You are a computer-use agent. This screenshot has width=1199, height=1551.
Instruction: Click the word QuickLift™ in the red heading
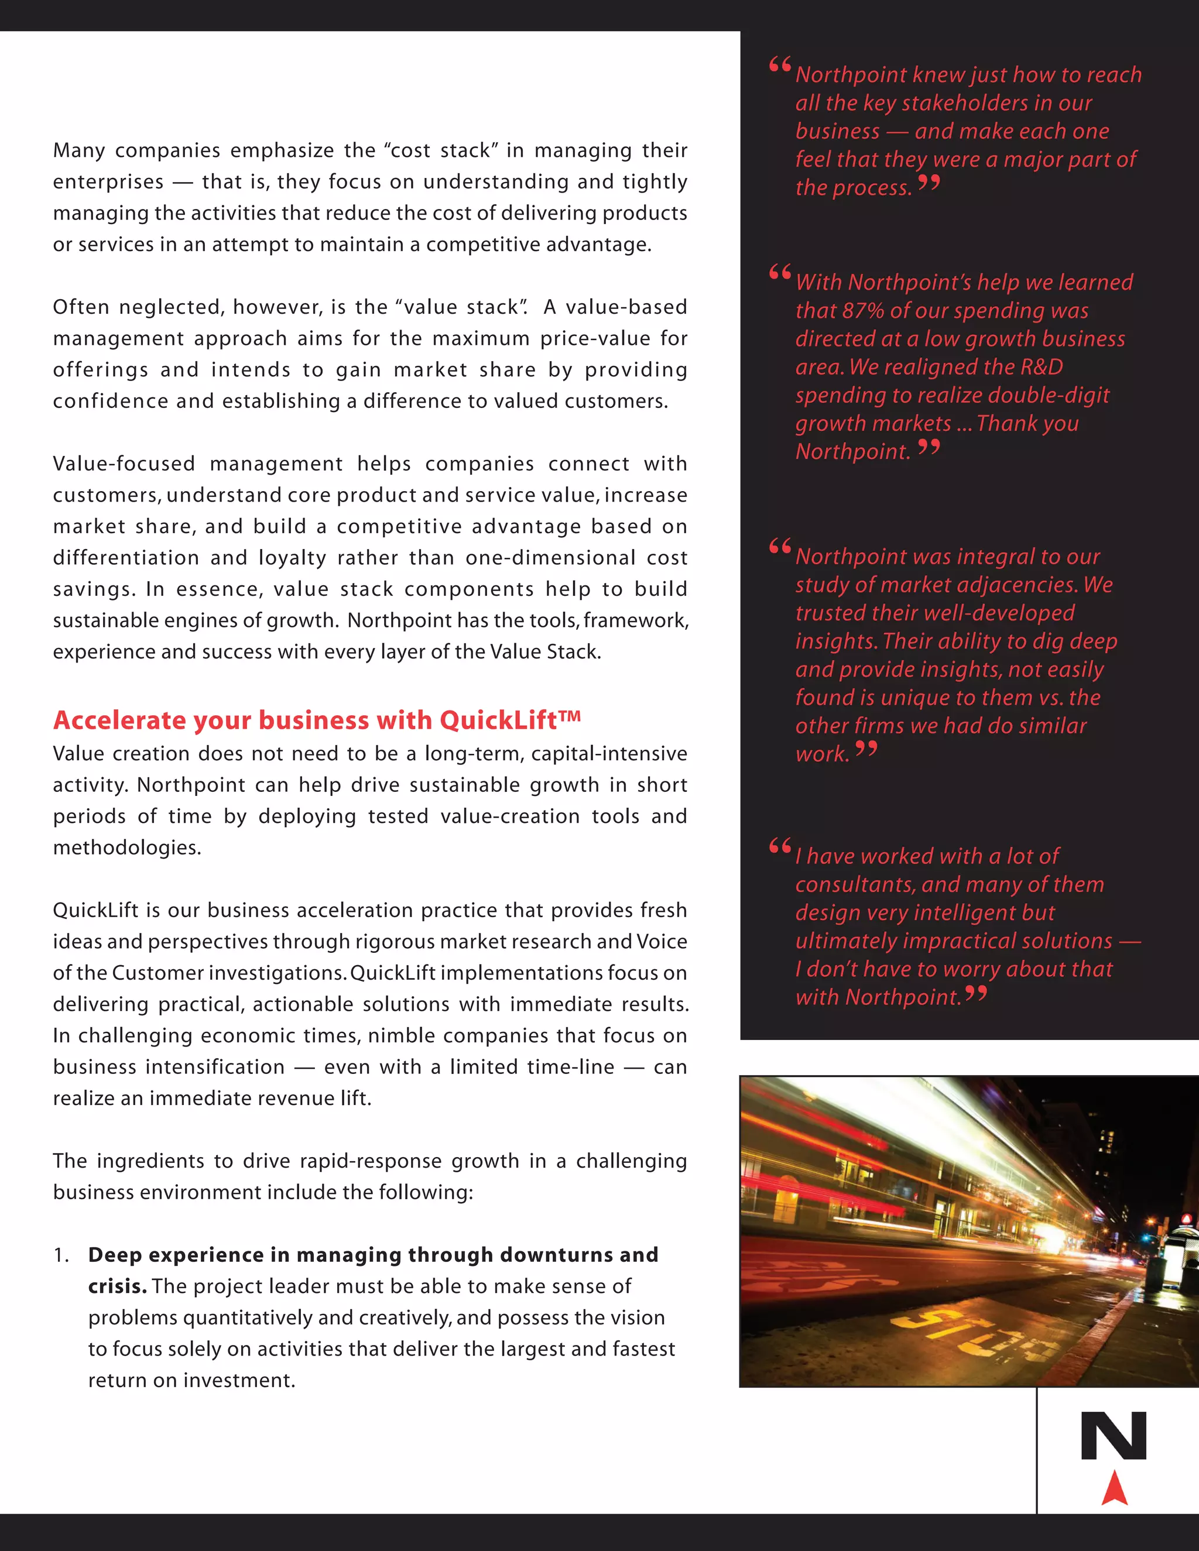click(x=510, y=720)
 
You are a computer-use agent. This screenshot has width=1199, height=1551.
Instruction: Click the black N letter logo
click(x=1114, y=1436)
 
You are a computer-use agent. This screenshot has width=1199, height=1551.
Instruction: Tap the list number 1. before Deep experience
click(x=61, y=1255)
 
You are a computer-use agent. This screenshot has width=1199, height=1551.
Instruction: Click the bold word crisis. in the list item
click(x=117, y=1286)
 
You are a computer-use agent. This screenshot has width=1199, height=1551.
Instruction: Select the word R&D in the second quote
click(x=1042, y=367)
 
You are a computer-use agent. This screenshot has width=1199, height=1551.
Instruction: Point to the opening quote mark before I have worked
click(x=780, y=846)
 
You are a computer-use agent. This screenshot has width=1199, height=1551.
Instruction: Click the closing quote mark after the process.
click(x=929, y=184)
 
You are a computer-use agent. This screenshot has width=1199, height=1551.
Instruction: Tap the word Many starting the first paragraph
click(x=79, y=150)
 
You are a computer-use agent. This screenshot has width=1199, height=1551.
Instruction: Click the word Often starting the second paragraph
click(x=80, y=307)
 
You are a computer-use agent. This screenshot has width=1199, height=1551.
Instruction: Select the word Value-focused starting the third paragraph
click(x=124, y=464)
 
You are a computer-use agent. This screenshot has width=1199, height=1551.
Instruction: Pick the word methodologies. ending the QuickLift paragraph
click(x=127, y=848)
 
